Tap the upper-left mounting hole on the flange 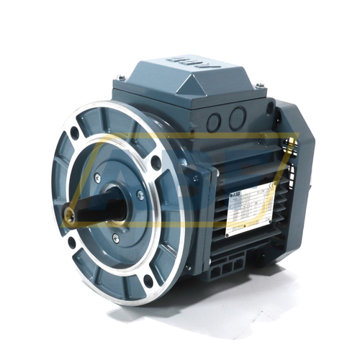click(75, 132)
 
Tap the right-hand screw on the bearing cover click(140, 194)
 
